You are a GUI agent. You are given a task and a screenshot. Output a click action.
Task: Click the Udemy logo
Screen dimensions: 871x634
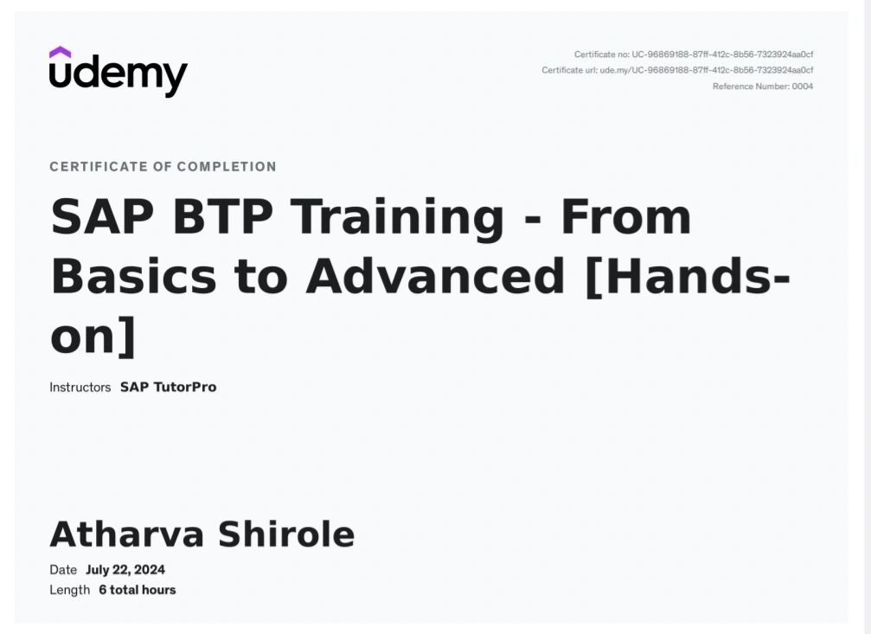118,73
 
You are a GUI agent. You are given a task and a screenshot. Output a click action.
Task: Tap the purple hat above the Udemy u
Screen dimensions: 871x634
60,52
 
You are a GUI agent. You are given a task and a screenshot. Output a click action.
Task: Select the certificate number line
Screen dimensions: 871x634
693,54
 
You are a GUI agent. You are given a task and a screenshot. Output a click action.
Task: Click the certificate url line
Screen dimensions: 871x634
677,70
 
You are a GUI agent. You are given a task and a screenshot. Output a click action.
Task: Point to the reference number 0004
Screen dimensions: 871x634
802,86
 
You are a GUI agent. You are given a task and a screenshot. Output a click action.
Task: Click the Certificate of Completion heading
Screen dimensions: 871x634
163,167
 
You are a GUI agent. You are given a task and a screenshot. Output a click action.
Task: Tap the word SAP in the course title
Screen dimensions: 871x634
102,217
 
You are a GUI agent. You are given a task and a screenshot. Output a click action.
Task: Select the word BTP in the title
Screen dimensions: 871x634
223,217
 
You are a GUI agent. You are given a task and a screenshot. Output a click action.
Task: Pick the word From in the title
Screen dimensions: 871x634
626,217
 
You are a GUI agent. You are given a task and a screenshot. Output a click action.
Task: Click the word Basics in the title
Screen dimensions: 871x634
133,276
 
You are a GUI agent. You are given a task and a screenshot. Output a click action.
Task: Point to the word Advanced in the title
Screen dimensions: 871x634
435,276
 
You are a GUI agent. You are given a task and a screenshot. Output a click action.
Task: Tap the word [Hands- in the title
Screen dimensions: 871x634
688,276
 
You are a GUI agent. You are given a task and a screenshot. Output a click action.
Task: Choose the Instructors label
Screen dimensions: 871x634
80,387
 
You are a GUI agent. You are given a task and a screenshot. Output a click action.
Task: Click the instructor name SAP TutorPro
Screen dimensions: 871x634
169,387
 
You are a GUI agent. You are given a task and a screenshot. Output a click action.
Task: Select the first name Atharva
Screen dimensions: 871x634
127,535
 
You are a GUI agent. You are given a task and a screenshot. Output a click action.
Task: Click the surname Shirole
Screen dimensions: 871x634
286,535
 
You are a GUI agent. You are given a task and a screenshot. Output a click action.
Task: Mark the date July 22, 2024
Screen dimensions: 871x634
125,570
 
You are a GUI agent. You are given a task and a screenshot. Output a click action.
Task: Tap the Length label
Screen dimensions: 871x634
69,590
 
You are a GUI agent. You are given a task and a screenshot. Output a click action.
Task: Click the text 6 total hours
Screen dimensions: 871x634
138,590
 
